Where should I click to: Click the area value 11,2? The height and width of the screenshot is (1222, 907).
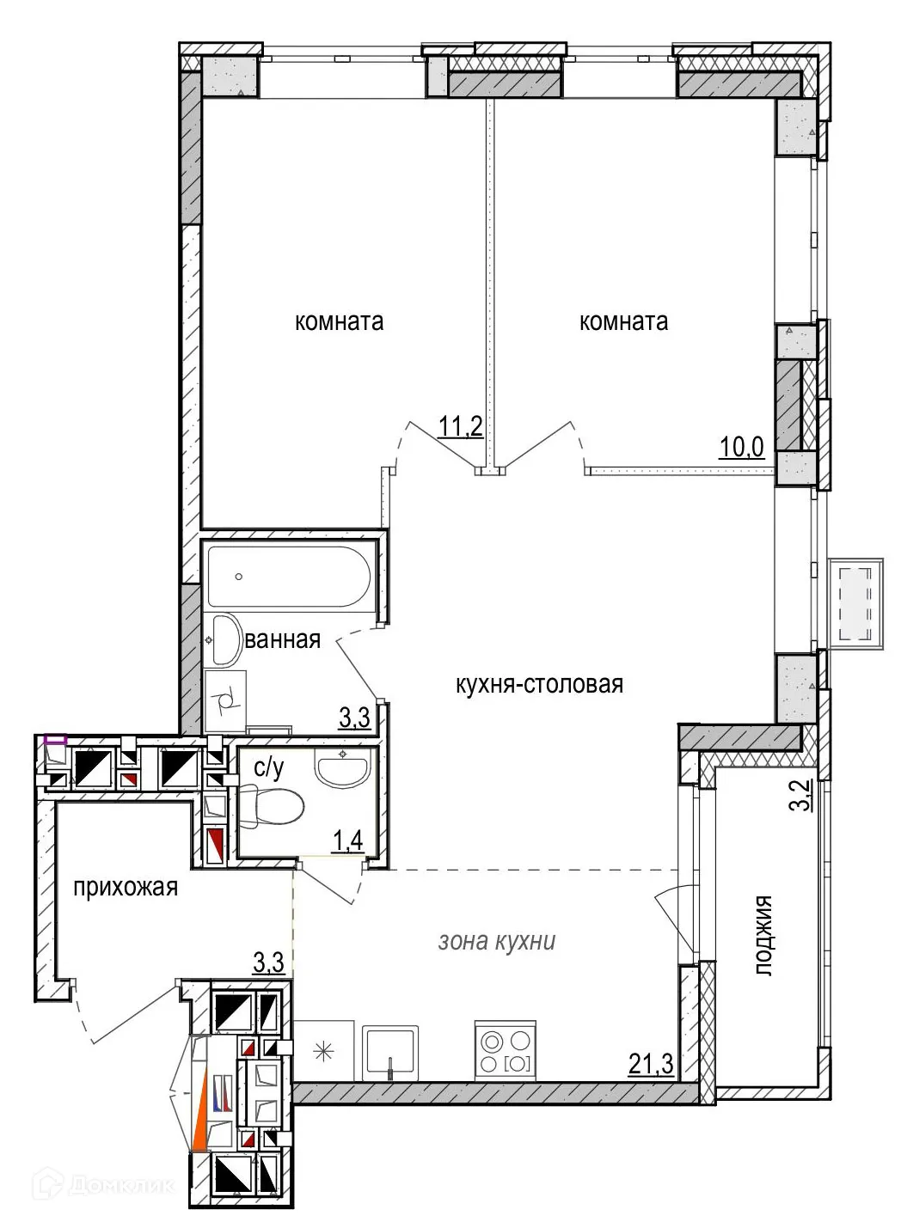point(461,427)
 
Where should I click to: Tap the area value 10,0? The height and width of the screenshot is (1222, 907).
point(742,448)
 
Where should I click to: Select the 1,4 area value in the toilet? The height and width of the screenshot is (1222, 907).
point(348,840)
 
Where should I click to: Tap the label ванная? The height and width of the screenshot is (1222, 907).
point(282,640)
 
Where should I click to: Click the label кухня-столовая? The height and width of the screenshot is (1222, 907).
point(539,685)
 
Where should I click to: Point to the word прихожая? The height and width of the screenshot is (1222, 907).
point(126,888)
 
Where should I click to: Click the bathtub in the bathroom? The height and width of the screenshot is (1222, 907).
point(289,577)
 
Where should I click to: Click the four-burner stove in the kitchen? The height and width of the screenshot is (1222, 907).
point(505,1050)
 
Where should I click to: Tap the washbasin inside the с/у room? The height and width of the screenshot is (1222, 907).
point(342,766)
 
